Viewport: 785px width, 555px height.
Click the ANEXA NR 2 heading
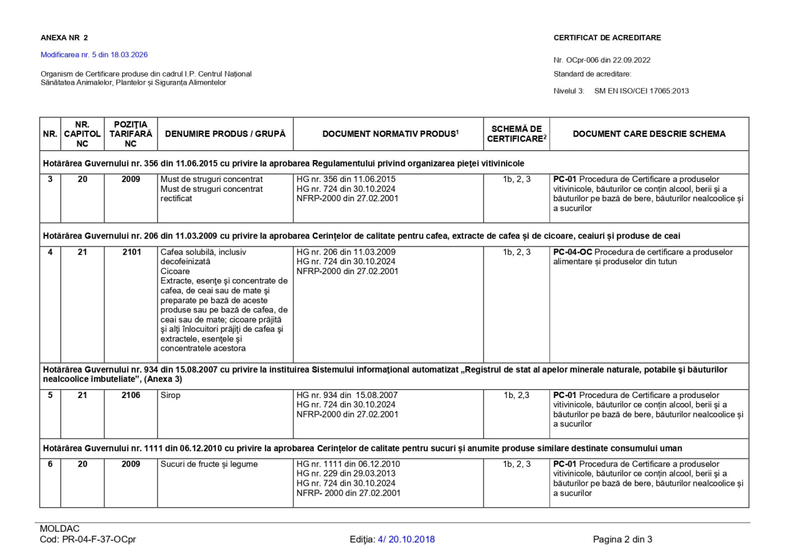(64, 38)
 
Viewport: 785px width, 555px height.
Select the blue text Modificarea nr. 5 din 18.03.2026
(94, 55)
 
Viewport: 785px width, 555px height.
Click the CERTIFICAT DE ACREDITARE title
(607, 38)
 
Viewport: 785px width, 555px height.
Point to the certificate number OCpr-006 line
(602, 60)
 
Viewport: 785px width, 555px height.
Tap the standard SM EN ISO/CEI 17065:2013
(641, 91)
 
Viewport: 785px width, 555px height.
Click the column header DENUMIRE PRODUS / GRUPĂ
(225, 134)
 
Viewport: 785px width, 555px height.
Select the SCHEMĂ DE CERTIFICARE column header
(516, 134)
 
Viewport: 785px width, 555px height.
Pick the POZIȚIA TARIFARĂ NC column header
(131, 134)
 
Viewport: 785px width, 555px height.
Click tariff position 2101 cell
(131, 252)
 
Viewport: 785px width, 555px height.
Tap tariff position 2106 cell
(131, 396)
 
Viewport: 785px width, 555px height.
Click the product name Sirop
(170, 396)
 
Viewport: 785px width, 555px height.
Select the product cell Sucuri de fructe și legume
(209, 464)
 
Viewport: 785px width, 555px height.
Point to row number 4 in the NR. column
(50, 252)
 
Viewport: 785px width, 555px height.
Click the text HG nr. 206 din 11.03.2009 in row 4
(346, 252)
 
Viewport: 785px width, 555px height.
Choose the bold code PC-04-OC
(572, 252)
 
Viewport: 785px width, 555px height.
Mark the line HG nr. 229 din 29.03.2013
(346, 473)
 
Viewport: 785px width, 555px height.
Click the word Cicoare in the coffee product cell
(175, 271)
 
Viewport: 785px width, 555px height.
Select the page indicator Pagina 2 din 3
(622, 540)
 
